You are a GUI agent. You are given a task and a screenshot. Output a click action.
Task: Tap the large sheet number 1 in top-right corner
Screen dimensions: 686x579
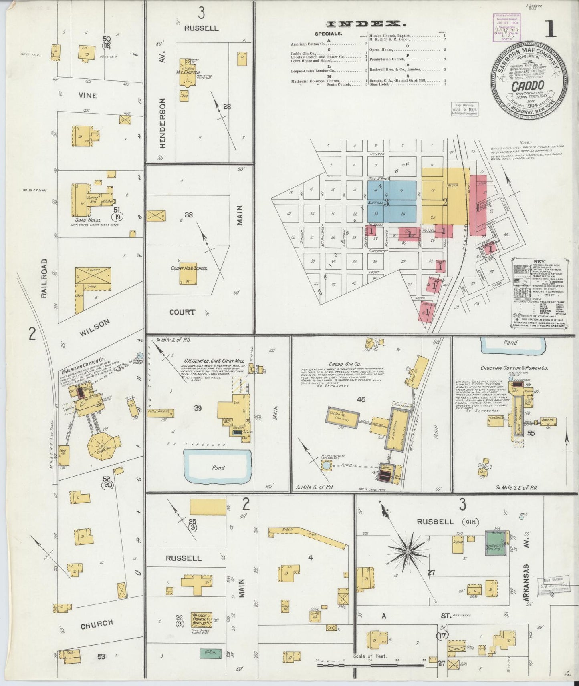tap(551, 29)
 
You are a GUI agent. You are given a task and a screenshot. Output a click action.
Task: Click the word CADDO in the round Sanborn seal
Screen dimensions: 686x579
tap(527, 85)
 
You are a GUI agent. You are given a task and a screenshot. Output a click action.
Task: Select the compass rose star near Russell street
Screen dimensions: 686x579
tap(407, 552)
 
